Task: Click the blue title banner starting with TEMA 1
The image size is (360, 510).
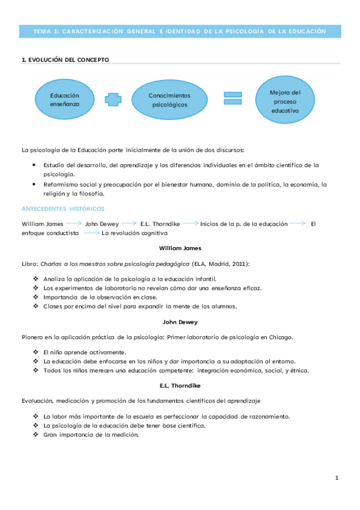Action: tap(180, 31)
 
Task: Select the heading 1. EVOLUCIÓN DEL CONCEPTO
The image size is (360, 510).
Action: tap(65, 60)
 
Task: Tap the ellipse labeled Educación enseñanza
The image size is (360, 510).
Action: tap(64, 99)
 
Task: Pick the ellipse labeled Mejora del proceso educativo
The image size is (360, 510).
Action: tap(284, 102)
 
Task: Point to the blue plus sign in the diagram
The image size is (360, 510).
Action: tap(112, 99)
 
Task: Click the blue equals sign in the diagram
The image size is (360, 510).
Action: tap(233, 99)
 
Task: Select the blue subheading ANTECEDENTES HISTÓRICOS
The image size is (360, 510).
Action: tap(63, 209)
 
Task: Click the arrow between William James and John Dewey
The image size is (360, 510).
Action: tap(74, 223)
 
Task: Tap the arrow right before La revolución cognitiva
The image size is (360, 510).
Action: tap(91, 233)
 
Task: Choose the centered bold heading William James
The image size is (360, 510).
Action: tap(180, 248)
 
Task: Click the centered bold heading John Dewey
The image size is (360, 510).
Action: tap(180, 322)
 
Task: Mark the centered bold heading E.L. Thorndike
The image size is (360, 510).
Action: tap(180, 384)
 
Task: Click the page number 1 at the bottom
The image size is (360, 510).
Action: tap(337, 478)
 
